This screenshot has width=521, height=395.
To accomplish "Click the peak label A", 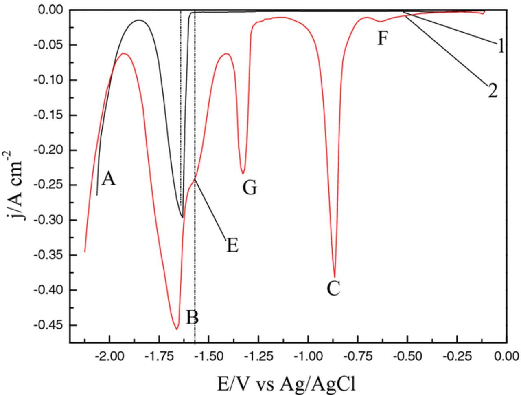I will point(108,179).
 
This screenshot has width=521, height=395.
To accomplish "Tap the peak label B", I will point(192,318).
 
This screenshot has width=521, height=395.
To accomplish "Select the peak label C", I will point(333,289).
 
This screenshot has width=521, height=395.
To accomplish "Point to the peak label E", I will point(232,246).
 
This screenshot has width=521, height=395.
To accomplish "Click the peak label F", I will point(381,39).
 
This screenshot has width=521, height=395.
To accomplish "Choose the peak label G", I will point(250,188).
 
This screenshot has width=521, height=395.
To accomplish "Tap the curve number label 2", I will point(493,90).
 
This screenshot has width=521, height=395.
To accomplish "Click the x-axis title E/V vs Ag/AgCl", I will point(287,383).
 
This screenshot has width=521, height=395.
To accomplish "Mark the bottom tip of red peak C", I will point(335,277).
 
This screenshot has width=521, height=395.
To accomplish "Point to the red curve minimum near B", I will point(177,329).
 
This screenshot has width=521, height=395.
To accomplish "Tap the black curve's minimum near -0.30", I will point(183,218).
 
